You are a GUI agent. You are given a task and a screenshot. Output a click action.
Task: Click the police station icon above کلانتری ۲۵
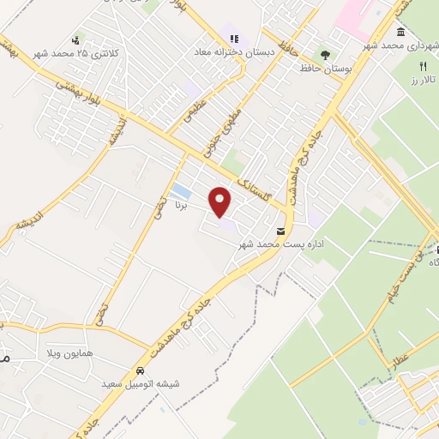77,39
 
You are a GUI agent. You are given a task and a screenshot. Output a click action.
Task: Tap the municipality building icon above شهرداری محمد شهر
402,31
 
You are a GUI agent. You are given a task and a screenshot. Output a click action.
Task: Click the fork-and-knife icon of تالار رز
422,66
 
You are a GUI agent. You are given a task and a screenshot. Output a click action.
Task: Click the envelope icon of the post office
280,232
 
